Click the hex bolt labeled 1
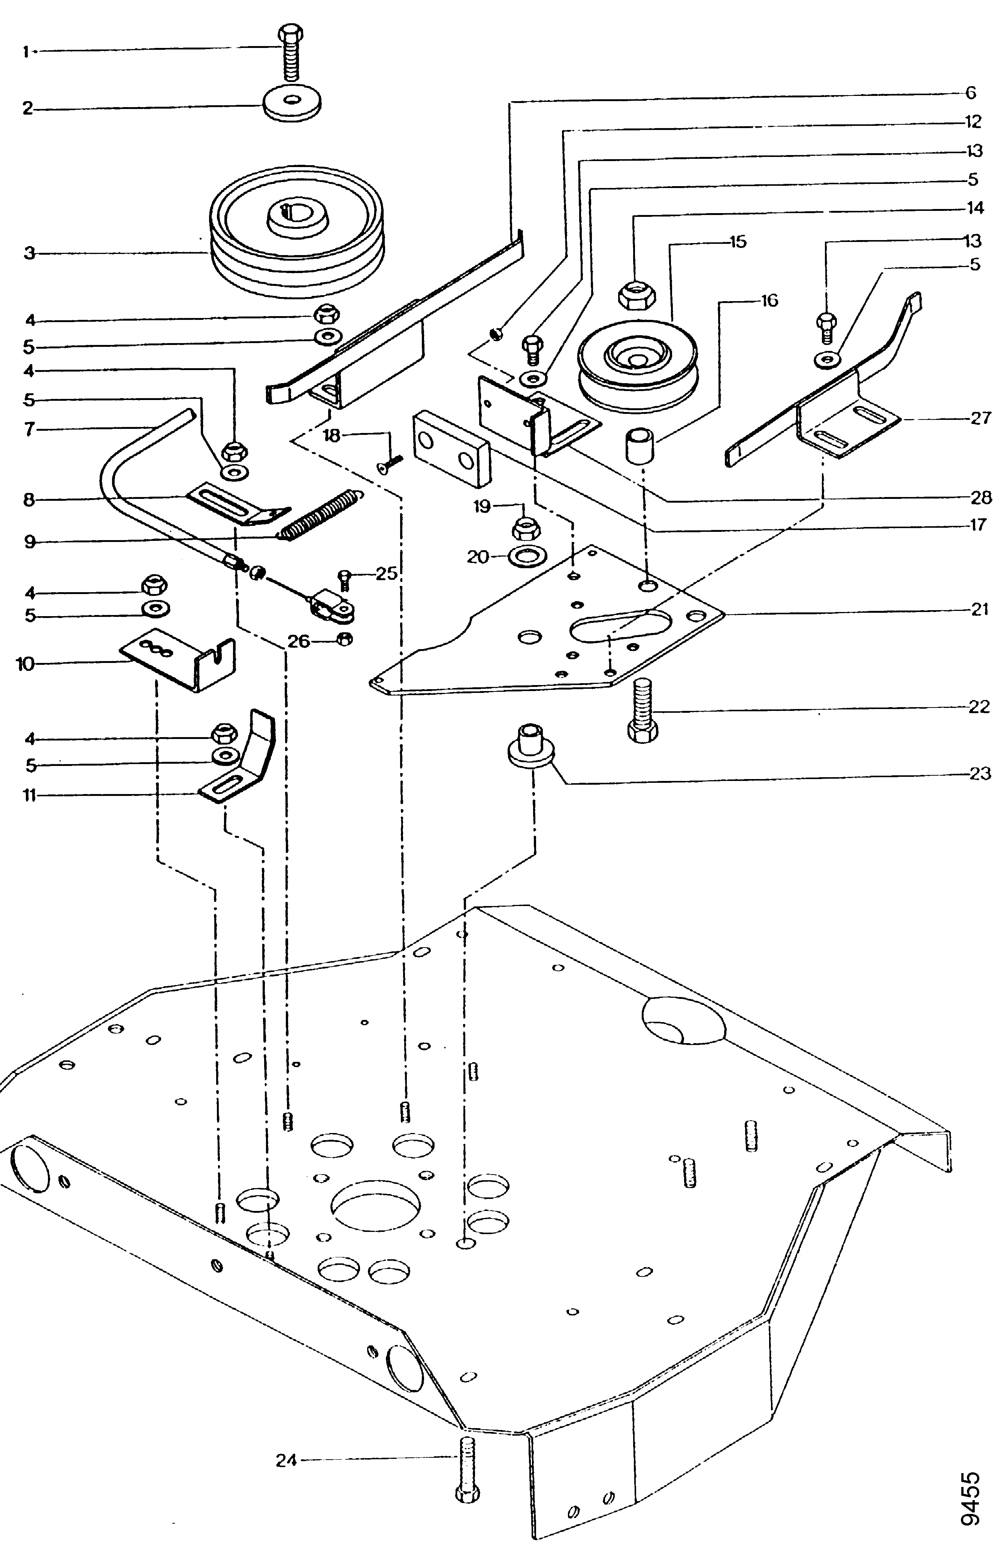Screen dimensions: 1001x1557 pos(291,53)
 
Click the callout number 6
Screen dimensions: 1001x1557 pos(970,93)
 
